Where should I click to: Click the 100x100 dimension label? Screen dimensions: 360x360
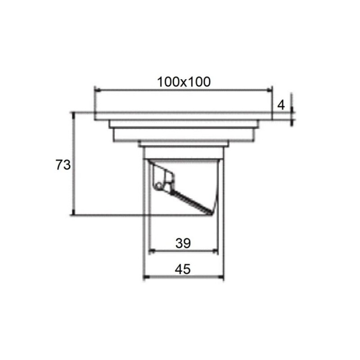[x=184, y=82]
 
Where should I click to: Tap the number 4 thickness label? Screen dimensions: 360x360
[x=281, y=105]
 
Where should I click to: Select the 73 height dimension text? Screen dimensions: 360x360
[x=63, y=165]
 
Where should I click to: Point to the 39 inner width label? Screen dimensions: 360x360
[x=183, y=243]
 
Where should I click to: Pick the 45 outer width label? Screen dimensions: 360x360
[x=183, y=269]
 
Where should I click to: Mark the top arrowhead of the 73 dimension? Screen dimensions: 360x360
[x=73, y=116]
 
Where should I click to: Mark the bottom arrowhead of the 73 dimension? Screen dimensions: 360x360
[x=73, y=212]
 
